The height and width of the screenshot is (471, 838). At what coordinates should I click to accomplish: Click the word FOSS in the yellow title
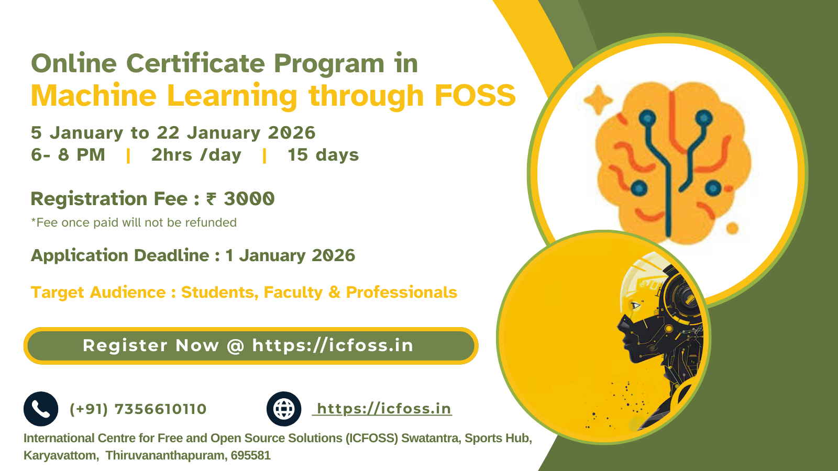tap(475, 95)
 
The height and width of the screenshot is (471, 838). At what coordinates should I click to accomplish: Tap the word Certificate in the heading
tap(196, 63)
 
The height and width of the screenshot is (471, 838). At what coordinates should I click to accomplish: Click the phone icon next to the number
tap(41, 409)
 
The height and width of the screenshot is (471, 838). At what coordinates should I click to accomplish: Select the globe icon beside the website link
tap(283, 409)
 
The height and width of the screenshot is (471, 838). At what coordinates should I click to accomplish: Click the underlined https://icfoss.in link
tap(382, 409)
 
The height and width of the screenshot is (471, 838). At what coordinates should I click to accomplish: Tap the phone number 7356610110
tap(160, 409)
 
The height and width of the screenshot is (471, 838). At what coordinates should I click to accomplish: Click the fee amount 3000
tap(249, 198)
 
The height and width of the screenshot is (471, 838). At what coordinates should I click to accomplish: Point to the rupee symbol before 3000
tap(211, 199)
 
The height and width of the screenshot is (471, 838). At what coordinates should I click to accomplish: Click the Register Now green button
tap(251, 346)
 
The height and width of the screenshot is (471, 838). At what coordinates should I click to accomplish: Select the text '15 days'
tap(323, 155)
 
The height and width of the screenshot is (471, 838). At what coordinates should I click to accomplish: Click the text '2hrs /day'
tap(196, 155)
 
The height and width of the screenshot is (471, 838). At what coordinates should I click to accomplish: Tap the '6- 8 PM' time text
tap(68, 155)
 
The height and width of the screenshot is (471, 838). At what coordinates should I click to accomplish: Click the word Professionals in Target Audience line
tap(401, 292)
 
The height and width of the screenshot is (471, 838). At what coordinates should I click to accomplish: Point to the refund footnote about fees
tap(134, 222)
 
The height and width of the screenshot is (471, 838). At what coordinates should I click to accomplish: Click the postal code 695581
tap(251, 455)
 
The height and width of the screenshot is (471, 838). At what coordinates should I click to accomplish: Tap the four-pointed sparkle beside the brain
tap(598, 100)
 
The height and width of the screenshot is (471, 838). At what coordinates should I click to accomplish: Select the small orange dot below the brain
tap(732, 228)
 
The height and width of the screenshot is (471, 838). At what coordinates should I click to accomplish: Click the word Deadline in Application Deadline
tap(172, 256)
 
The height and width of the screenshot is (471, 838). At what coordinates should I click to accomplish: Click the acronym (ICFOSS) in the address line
tap(372, 438)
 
